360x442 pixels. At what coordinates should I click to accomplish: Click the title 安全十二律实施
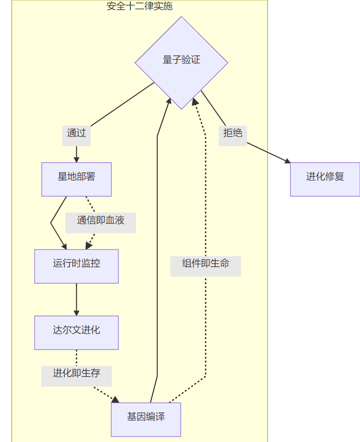point(139,6)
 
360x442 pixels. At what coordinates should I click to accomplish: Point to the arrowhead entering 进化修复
point(288,162)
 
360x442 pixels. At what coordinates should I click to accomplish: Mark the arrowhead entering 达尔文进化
point(76,313)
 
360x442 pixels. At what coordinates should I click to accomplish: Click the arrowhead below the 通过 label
point(76,160)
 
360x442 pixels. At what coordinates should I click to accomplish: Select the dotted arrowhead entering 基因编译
point(116,400)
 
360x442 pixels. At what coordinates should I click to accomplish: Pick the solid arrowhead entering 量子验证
point(169,101)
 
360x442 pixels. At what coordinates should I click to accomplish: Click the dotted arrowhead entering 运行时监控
point(89,246)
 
